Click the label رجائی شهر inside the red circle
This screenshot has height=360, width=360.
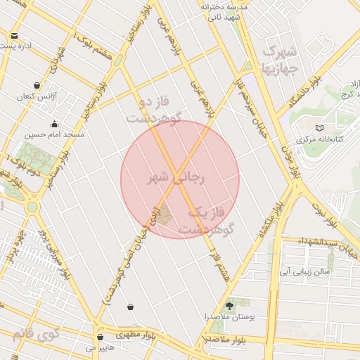176,179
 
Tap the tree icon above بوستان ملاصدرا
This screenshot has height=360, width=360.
229,304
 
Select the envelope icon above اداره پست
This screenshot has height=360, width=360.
15,35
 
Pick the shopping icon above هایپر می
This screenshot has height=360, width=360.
101,337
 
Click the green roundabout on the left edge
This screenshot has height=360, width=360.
32,207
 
